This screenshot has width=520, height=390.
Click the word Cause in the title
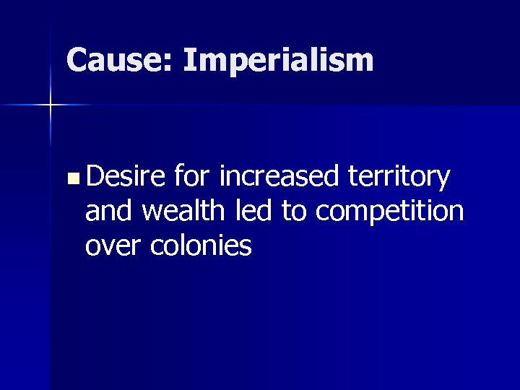pos(116,60)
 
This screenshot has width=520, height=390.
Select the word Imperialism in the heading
pos(278,61)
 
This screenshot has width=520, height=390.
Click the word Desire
pos(125,175)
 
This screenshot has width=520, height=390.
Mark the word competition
pos(390,212)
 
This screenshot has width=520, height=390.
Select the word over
pos(114,246)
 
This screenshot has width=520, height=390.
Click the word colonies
pos(201,246)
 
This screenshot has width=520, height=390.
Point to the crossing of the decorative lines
pos(51,105)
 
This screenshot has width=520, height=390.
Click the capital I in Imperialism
pos(188,60)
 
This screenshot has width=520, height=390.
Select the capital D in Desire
pos(95,175)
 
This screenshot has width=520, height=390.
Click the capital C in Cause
pos(77,60)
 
